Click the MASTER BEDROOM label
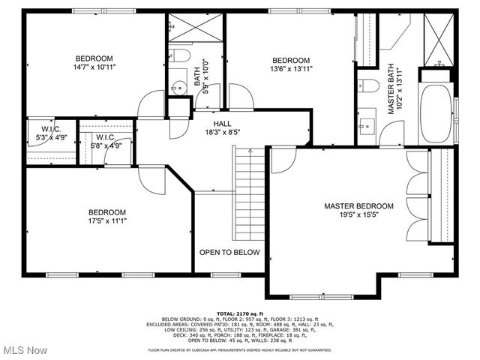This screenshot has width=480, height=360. (358, 206)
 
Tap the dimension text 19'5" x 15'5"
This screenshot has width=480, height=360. (358, 216)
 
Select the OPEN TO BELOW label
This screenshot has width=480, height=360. (229, 253)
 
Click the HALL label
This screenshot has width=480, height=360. (222, 124)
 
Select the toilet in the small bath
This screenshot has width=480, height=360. (178, 55)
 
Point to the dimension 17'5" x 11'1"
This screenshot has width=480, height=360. (107, 221)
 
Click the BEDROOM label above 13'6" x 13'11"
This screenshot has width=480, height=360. (290, 61)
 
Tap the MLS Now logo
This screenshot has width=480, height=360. (24, 350)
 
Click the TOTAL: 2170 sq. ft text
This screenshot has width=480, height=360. (239, 313)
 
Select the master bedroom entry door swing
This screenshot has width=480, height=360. (281, 160)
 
